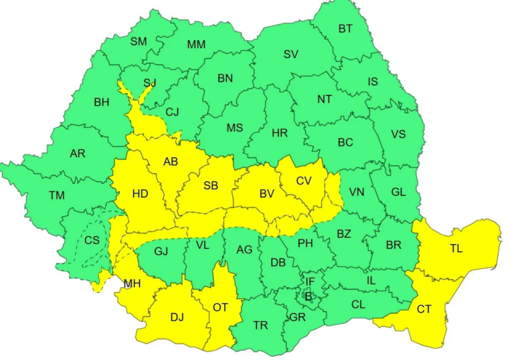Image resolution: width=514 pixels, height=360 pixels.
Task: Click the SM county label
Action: (x=139, y=41)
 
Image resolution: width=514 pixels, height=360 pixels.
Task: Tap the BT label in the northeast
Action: (x=345, y=28)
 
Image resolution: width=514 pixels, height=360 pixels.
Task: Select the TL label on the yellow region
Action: (x=456, y=248)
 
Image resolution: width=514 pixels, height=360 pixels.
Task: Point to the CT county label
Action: (x=424, y=309)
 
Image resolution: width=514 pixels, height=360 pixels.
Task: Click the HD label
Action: (x=140, y=194)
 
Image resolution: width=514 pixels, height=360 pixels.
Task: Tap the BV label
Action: (x=267, y=194)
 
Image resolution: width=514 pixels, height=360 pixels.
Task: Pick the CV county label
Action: (x=304, y=180)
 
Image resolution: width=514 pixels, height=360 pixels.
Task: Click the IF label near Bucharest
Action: (x=310, y=282)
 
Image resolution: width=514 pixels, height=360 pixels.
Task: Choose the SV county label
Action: (x=290, y=54)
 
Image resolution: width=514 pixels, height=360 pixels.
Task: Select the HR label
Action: (x=280, y=133)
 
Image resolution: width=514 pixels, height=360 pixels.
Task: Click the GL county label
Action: (x=398, y=192)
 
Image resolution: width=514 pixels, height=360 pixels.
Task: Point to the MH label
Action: (x=131, y=284)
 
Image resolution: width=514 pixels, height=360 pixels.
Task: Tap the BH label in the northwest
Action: (x=102, y=102)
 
